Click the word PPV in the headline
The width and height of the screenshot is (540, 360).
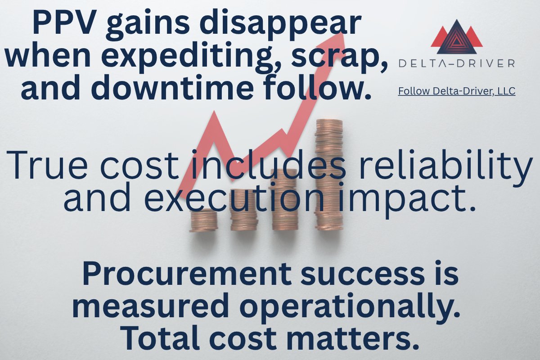coord(63,23)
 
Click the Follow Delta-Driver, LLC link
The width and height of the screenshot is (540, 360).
coord(457,91)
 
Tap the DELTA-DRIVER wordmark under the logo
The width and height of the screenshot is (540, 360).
coord(457,63)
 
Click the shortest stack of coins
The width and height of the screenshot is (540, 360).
coord(203,220)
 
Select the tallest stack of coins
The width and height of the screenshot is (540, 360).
coord(329,175)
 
